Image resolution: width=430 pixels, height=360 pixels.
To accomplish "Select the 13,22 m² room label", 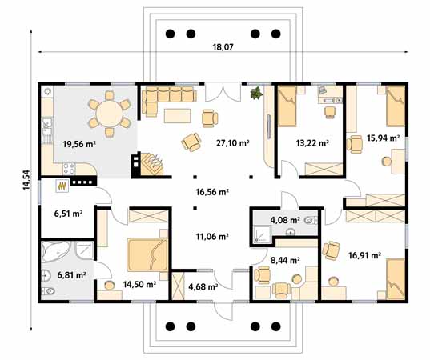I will tap(312, 144).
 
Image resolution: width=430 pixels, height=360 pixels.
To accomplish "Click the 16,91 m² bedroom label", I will tap(364, 257).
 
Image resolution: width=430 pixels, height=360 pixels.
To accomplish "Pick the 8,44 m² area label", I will tap(284, 260).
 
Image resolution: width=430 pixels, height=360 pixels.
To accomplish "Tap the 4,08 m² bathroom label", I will tap(284, 220).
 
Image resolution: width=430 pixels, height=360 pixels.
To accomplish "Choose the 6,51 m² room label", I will tap(68, 214).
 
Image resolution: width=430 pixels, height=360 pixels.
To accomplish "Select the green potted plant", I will tap(256, 94).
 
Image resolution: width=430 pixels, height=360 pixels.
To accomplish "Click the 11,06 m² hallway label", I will tap(213, 237).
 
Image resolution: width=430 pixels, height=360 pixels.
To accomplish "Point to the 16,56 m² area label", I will tap(213, 193).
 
